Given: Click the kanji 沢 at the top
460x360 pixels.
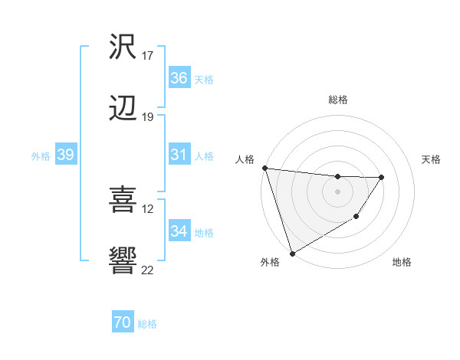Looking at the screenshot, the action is (123, 47).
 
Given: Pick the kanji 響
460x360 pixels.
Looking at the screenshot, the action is (123, 260).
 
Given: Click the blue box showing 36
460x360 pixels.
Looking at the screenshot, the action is (179, 78).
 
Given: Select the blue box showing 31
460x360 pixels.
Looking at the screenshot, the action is (179, 155).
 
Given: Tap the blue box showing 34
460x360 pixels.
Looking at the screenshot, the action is (179, 231).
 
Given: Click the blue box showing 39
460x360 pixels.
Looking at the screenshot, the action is (65, 155).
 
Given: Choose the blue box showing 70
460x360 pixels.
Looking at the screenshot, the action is (122, 323).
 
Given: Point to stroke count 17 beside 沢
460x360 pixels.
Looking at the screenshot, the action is (147, 56).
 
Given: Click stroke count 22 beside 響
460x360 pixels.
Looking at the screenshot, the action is (148, 270).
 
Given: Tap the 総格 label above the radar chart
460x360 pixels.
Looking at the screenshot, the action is (337, 100).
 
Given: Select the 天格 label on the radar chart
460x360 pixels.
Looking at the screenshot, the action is (432, 159).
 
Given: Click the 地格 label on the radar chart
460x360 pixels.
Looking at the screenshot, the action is (402, 263).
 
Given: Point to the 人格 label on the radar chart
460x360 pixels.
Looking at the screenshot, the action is (245, 159).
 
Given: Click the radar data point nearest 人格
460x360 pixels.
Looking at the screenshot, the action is (264, 168).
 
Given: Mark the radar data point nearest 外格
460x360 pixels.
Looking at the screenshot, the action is (292, 253).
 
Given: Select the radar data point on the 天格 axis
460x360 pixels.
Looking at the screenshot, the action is (382, 177).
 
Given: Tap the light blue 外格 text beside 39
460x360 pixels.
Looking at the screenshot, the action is (41, 155).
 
